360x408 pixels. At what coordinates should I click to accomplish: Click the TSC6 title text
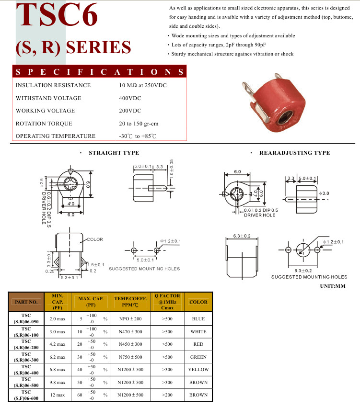[57, 14]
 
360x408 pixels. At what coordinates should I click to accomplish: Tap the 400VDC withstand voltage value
[130, 98]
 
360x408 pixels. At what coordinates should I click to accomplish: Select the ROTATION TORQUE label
[44, 124]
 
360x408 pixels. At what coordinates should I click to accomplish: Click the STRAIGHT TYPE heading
[114, 153]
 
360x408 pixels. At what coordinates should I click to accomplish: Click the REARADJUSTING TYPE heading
[295, 153]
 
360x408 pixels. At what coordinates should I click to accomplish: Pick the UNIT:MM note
[333, 286]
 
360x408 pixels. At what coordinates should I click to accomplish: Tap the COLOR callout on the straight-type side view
[95, 239]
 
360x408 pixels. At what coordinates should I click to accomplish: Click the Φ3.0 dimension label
[324, 193]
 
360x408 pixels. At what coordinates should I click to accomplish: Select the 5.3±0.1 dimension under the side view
[70, 278]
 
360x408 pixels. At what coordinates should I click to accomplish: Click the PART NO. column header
[26, 302]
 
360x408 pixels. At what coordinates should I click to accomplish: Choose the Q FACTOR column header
[167, 302]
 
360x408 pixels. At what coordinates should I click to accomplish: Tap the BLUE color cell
[198, 318]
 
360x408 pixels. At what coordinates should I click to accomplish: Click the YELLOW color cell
[198, 370]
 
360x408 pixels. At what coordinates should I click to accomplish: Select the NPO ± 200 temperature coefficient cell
[130, 318]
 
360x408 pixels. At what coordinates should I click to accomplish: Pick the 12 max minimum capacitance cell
[58, 395]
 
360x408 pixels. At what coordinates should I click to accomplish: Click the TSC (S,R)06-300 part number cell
[26, 357]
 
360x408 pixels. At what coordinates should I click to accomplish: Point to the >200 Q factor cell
[167, 395]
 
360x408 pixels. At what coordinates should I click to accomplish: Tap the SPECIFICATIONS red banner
[99, 71]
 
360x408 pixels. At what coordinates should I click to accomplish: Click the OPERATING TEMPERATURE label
[56, 136]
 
